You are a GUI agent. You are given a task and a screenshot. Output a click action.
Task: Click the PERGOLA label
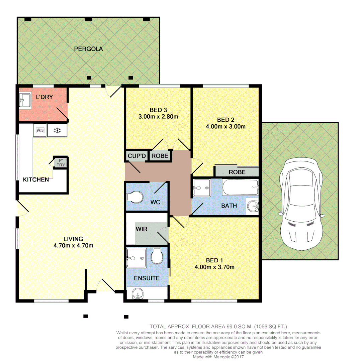pyautogui.click(x=88, y=49)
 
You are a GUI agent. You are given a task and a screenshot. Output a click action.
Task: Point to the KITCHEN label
pyautogui.click(x=36, y=179)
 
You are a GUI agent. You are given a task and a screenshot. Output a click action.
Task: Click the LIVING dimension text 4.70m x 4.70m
pyautogui.click(x=73, y=245)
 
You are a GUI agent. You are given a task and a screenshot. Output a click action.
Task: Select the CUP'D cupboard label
pyautogui.click(x=137, y=156)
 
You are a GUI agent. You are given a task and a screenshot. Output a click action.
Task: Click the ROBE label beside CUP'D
pyautogui.click(x=160, y=156)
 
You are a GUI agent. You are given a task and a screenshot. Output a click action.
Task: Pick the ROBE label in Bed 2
pyautogui.click(x=237, y=172)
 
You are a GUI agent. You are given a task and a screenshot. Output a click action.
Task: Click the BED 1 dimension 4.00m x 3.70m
pyautogui.click(x=214, y=267)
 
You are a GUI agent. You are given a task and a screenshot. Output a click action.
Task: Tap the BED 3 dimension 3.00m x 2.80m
pyautogui.click(x=158, y=117)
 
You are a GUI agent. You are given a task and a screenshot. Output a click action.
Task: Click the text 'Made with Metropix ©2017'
pyautogui.click(x=218, y=357)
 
